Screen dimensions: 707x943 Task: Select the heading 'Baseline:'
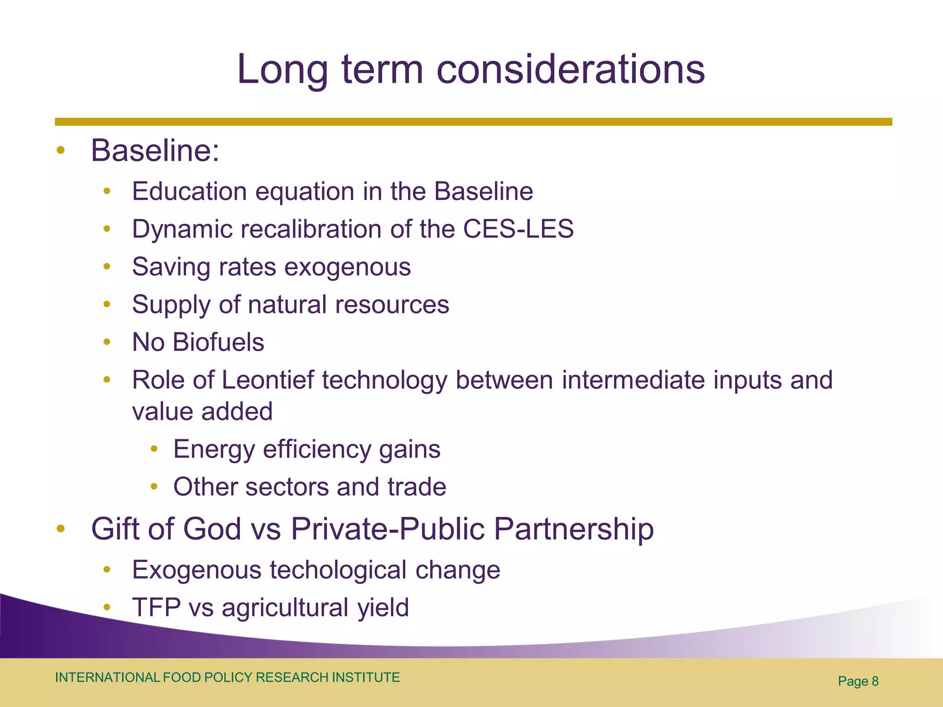tap(155, 151)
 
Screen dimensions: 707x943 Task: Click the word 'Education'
tap(189, 191)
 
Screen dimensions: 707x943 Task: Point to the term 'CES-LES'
tap(518, 229)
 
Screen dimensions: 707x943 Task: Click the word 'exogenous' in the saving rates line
tap(347, 267)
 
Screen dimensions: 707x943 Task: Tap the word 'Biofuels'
tap(218, 342)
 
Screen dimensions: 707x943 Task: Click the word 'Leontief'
tap(268, 380)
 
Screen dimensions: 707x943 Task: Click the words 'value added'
tap(202, 411)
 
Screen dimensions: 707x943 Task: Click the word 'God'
tap(212, 528)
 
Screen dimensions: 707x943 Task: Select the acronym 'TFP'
tap(156, 608)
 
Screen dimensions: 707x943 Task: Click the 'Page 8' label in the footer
tap(858, 681)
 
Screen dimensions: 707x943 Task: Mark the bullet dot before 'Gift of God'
tap(60, 528)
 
